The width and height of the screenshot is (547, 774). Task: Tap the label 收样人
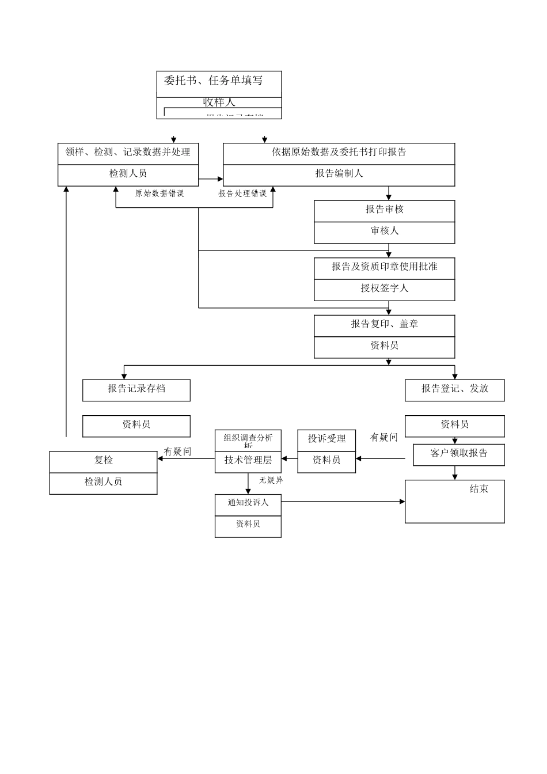[x=219, y=103]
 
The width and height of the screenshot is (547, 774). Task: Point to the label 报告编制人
[x=339, y=174]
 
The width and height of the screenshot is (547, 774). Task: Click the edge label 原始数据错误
[x=159, y=194]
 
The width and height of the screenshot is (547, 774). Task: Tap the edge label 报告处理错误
[x=242, y=194]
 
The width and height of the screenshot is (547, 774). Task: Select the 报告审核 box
[x=384, y=210]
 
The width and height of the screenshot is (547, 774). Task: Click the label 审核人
[x=384, y=232]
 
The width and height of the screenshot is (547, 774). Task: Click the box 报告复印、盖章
[x=384, y=325]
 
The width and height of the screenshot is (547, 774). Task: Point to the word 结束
[x=478, y=490]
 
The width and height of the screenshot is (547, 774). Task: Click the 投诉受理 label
[x=326, y=439]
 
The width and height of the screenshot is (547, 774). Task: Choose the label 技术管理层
[x=248, y=461]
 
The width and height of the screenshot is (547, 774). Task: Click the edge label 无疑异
[x=271, y=481]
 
